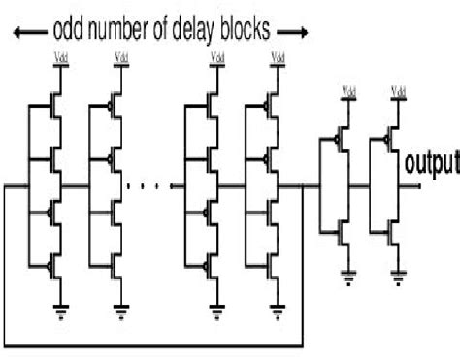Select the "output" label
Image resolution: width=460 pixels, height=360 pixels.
(432, 162)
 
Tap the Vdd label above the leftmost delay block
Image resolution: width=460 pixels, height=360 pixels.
(60, 69)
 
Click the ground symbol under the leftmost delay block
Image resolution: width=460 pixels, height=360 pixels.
(60, 311)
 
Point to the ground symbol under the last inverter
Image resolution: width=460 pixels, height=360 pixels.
(398, 282)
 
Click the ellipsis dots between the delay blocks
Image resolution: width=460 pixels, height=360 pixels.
(149, 185)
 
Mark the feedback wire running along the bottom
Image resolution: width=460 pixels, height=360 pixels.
(155, 344)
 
